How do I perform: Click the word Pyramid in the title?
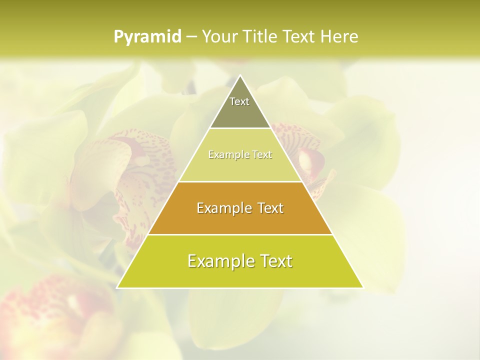(x=147, y=37)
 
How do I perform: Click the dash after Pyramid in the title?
(x=191, y=37)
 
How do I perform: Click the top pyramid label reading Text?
(x=239, y=101)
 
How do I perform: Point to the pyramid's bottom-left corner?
(x=118, y=287)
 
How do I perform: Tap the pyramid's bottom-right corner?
(x=362, y=287)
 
